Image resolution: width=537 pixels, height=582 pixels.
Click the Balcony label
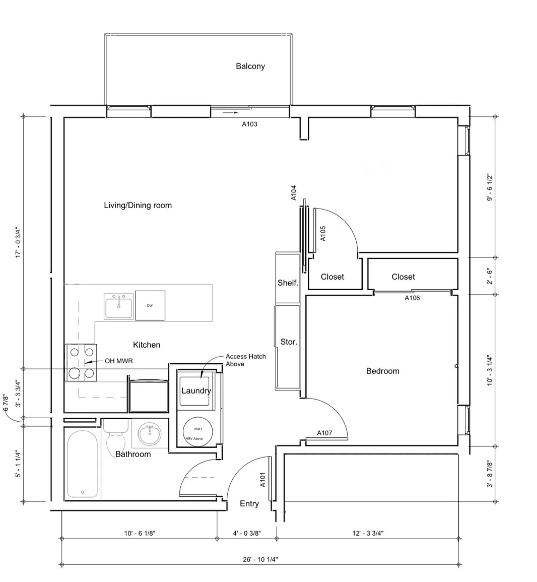[x=250, y=66]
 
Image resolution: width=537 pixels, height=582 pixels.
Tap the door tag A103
[x=249, y=124]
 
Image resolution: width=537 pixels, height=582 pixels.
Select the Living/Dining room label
[x=138, y=205]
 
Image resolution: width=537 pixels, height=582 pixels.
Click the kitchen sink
[x=119, y=306]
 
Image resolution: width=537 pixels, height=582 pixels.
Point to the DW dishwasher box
[x=150, y=306]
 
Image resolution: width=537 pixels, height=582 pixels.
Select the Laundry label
[x=195, y=391]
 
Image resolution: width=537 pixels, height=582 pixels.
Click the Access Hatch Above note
[x=245, y=360]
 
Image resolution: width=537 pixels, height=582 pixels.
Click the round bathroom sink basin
[x=149, y=434]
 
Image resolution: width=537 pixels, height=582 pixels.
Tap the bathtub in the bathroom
[x=83, y=464]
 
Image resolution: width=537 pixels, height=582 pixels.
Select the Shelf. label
[x=288, y=283]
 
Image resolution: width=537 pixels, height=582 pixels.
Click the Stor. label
[x=289, y=342]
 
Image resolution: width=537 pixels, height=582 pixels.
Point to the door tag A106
[x=412, y=298]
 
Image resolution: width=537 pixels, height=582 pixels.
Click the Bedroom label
[x=382, y=371]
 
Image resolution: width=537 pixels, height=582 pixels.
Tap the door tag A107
[x=324, y=433]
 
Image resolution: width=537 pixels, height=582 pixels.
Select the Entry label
[x=249, y=503]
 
